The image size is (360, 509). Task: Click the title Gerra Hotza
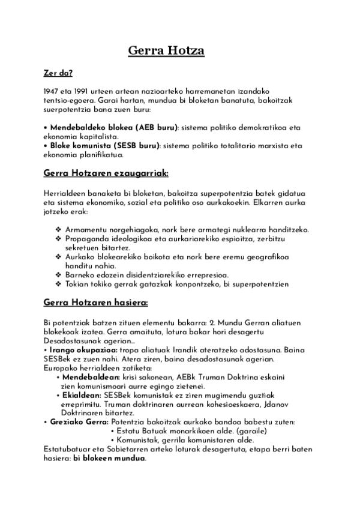pyautogui.click(x=166, y=51)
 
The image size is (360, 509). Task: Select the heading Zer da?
pyautogui.click(x=58, y=74)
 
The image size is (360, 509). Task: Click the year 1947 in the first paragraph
pyautogui.click(x=51, y=90)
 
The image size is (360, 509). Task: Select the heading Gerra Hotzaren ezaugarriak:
pyautogui.click(x=106, y=173)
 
